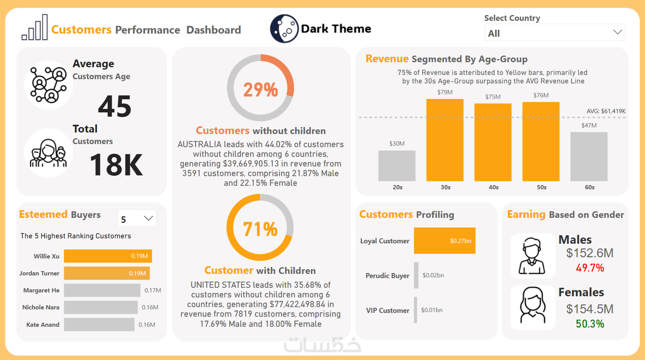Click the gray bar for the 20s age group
[397, 166]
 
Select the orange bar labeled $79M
[445, 140]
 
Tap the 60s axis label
[589, 187]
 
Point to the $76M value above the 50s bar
[541, 95]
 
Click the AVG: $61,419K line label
[606, 111]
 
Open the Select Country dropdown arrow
[617, 32]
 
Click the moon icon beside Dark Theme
[284, 29]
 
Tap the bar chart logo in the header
[35, 28]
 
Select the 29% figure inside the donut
[260, 90]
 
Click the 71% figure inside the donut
[260, 229]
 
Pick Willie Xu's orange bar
[108, 256]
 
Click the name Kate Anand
[42, 325]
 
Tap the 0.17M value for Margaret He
[153, 290]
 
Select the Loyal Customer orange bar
[444, 241]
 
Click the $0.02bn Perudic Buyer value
[433, 275]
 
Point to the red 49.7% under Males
[590, 268]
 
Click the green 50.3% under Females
[590, 324]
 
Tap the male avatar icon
[532, 256]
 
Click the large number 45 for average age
[115, 106]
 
